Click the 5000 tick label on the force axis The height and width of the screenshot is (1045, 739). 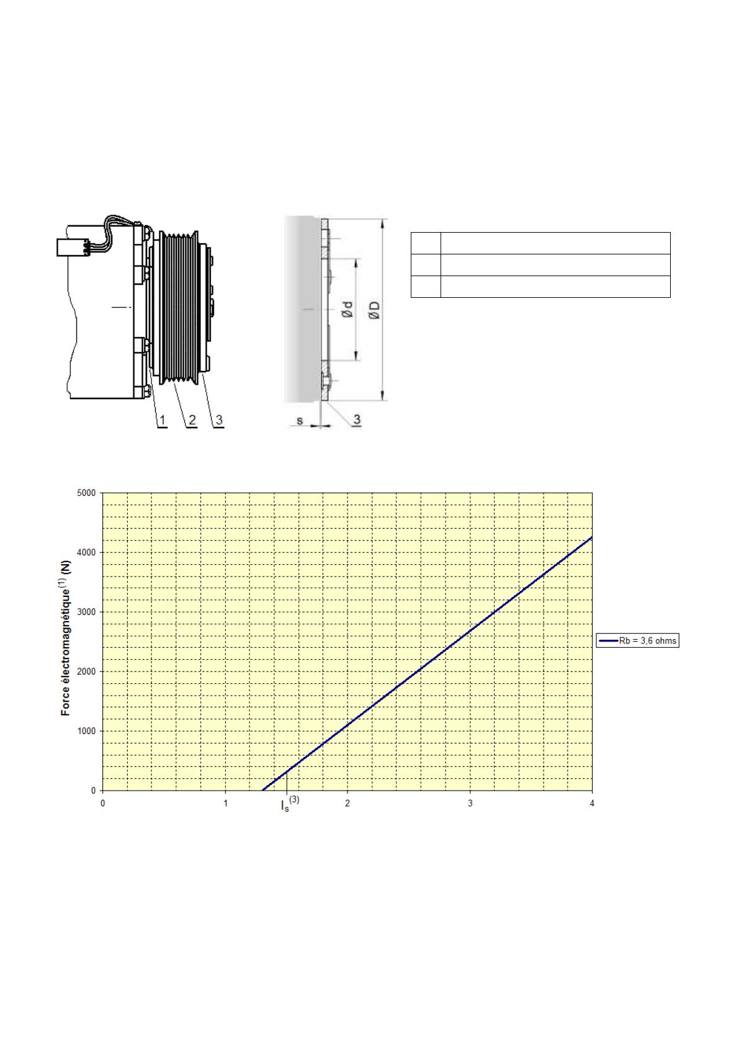[86, 493]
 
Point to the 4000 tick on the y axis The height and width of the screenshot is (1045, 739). [86, 552]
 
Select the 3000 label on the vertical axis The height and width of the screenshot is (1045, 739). [86, 612]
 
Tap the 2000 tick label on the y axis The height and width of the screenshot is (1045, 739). [86, 672]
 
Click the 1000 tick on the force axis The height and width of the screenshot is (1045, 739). [86, 732]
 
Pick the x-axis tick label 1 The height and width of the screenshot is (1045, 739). [225, 804]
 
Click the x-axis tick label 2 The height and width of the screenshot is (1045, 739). [347, 804]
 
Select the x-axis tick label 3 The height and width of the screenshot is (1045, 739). [470, 804]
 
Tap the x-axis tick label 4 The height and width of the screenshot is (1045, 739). [592, 804]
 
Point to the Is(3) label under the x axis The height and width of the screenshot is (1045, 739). [290, 804]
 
